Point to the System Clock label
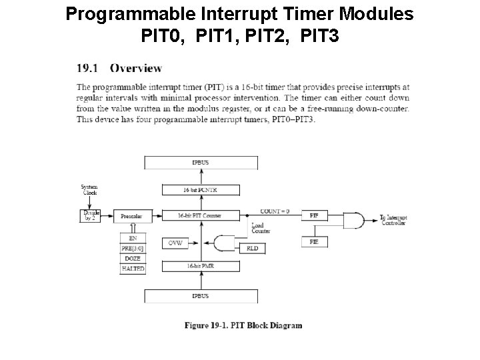[89, 189]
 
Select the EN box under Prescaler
[132, 237]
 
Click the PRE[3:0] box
[132, 247]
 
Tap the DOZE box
[132, 258]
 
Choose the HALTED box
[132, 269]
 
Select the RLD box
[252, 248]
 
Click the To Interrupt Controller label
[393, 221]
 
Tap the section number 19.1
[88, 67]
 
